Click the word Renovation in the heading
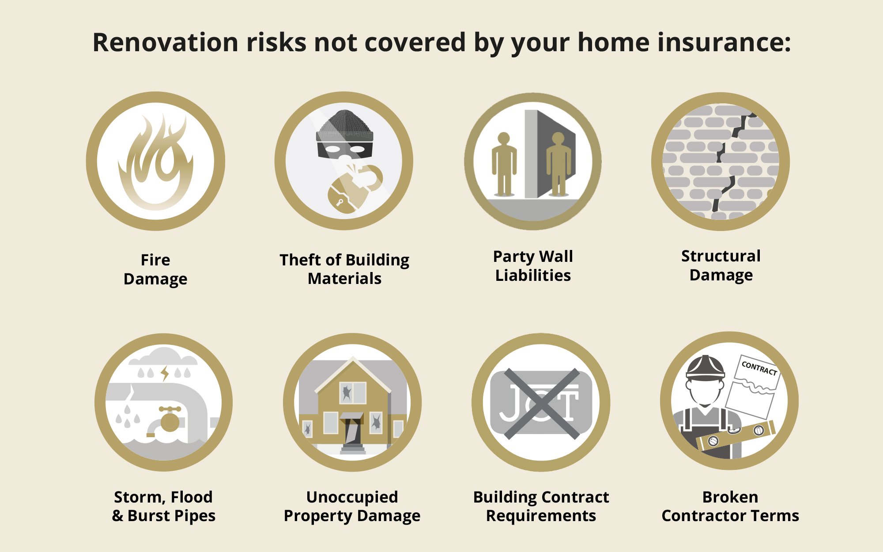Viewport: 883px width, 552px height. coord(166,42)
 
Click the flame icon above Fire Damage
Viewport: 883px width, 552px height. coord(155,162)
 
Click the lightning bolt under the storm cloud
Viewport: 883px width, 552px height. coord(165,374)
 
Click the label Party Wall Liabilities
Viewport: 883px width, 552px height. coord(533,266)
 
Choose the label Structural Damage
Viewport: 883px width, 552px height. coord(721,265)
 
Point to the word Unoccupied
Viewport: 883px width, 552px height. coord(352,497)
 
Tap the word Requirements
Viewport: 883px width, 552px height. coord(541,516)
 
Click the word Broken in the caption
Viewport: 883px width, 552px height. coord(730,497)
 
